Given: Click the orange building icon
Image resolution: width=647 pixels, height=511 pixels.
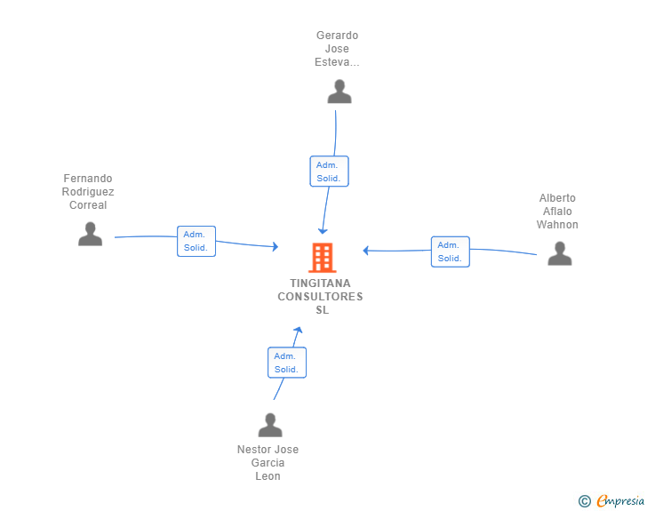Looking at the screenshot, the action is click(323, 258).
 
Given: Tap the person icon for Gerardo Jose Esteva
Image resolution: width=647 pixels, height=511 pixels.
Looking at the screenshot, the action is click(339, 92).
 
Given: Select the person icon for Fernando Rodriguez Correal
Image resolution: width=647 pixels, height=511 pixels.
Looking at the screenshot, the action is click(90, 234).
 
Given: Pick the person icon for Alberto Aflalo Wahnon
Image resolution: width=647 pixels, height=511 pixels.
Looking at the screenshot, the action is click(560, 253).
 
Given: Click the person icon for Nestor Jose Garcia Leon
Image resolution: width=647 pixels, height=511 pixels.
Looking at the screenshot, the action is click(270, 425).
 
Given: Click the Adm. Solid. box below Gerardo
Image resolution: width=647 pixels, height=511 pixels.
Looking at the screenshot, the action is click(329, 172).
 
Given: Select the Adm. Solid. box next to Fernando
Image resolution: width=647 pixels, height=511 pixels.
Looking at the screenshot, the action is click(196, 241).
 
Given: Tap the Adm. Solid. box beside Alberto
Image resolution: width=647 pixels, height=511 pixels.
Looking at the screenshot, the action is click(451, 252).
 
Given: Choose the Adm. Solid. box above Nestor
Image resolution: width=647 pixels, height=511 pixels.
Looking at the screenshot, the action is click(287, 363).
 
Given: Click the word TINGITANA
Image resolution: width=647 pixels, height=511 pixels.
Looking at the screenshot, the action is click(320, 283).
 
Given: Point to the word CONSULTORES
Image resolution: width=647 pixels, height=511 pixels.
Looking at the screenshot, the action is click(320, 296).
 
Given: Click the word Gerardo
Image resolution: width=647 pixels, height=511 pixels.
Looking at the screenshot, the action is click(337, 36).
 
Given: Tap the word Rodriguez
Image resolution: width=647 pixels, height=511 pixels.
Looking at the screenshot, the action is click(88, 192).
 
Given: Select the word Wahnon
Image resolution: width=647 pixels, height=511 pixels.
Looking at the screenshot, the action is click(557, 225).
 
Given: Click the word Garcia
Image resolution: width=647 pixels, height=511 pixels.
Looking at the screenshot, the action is click(268, 463).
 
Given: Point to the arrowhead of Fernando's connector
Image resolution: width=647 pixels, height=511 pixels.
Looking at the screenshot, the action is click(276, 246).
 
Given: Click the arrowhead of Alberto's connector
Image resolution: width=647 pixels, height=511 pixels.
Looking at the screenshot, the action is click(365, 250).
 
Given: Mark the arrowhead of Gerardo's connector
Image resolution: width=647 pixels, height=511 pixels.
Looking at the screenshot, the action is click(323, 231).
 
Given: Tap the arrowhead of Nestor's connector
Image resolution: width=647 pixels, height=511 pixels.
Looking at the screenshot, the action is click(299, 330).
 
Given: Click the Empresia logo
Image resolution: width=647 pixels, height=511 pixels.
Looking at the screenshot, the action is click(611, 500).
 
